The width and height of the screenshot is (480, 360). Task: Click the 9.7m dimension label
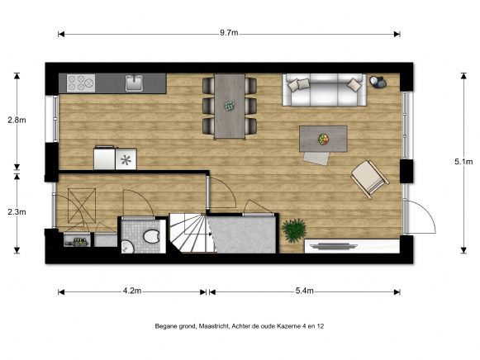pos(229,34)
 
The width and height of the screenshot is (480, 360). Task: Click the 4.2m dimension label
pos(132,291)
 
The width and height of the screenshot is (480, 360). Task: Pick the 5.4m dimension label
pos(303,291)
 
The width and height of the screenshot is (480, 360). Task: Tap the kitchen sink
pos(135,82)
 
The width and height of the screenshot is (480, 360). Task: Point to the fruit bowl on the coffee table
pos(324,138)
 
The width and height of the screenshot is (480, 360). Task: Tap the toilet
pos(150,238)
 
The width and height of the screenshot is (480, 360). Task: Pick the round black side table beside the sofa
pos(378,82)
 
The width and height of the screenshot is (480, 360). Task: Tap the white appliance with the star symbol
pos(126,158)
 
